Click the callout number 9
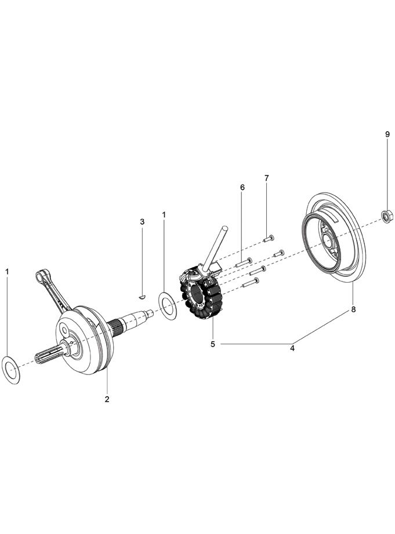(x=387, y=134)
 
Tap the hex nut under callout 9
(x=386, y=217)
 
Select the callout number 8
(x=353, y=310)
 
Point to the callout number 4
(x=292, y=348)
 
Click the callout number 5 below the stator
(x=213, y=344)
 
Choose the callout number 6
(x=242, y=187)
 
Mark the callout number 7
(x=267, y=178)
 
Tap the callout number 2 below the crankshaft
(x=107, y=399)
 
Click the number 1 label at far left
(x=8, y=271)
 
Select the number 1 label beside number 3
(x=164, y=214)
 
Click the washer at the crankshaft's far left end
(x=12, y=370)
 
